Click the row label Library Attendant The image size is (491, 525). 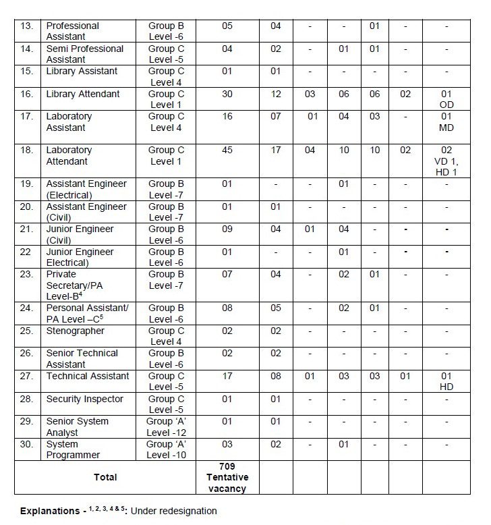82,94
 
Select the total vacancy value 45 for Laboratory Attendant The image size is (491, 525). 227,150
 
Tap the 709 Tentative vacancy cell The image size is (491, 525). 227,477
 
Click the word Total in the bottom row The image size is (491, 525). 105,477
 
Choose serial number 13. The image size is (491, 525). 26,26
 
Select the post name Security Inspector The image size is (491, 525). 84,399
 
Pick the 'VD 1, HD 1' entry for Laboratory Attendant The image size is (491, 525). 446,161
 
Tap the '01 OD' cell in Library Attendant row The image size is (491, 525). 446,99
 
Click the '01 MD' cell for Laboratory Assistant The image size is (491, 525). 446,122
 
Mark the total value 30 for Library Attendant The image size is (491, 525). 227,94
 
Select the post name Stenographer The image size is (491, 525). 75,331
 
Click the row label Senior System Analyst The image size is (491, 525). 78,426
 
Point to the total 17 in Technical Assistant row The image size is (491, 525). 227,376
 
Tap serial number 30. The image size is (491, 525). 26,444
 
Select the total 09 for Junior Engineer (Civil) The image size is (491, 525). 227,229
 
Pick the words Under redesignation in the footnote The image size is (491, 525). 173,511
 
